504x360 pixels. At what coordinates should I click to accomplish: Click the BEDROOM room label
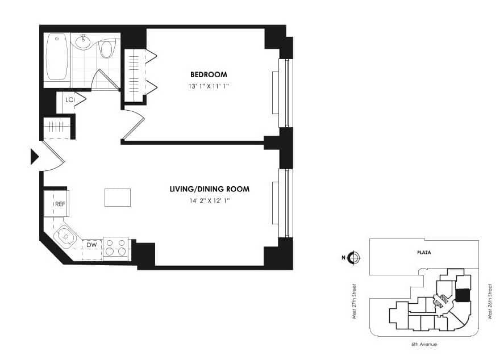[209, 74]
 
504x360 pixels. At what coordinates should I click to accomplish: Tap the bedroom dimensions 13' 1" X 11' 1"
[209, 86]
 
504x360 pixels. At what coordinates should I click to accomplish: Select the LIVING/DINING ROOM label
[210, 189]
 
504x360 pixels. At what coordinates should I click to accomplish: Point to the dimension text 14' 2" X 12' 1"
[210, 200]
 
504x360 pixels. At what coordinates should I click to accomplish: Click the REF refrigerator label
[60, 204]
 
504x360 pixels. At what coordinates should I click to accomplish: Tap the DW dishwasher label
[91, 245]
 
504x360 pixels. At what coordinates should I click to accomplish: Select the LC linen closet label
[69, 100]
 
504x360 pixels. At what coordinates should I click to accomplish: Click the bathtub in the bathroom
[57, 57]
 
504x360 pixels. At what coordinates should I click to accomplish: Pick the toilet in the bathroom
[106, 49]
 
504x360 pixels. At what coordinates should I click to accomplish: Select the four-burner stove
[116, 248]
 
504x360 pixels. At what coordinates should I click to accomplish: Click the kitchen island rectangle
[118, 197]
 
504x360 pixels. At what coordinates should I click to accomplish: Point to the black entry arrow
[34, 156]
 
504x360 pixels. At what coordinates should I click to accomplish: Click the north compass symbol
[354, 258]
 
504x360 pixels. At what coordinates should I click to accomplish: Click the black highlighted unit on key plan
[463, 296]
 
